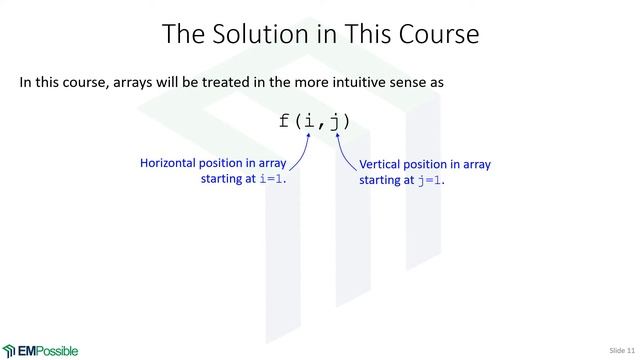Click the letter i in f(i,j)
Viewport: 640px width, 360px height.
[309, 122]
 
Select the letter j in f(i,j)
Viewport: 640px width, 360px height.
[334, 122]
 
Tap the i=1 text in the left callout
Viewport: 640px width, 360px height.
[271, 181]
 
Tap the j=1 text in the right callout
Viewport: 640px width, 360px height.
[429, 181]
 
